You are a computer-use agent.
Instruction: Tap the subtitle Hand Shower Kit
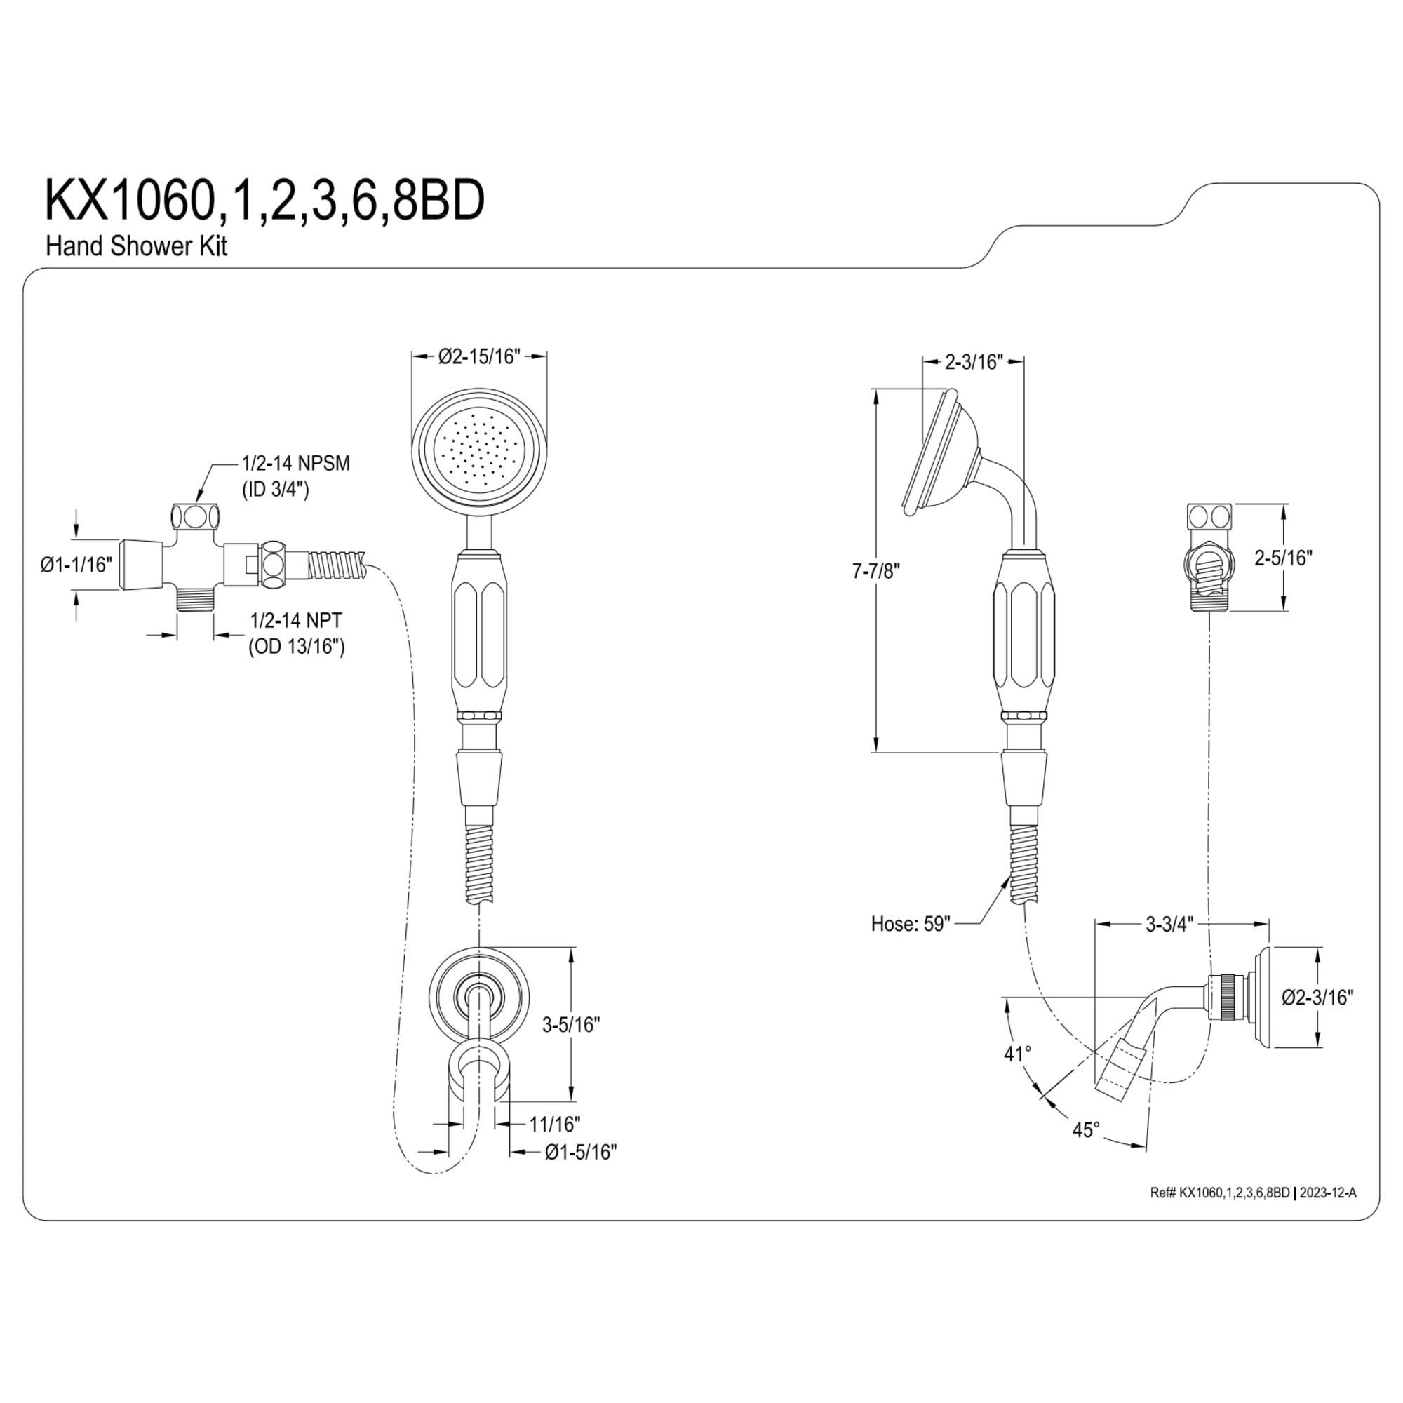coord(137,246)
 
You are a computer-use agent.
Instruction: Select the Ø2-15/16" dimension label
coord(479,356)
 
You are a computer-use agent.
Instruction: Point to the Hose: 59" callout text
coord(911,924)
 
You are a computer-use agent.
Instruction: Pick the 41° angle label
coord(1017,1053)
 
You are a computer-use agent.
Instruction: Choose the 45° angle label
coord(1087,1130)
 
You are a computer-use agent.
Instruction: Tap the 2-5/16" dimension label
coord(1284,558)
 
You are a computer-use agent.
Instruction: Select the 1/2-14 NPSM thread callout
coord(295,462)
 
